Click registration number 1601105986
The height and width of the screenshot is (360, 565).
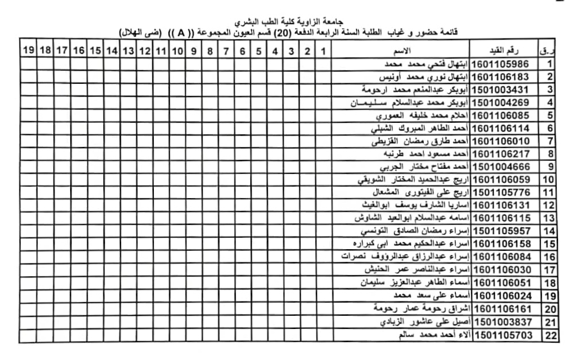point(502,64)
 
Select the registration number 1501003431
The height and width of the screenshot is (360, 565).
point(502,90)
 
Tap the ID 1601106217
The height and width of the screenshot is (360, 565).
point(502,154)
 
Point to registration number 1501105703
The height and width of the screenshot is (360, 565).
point(502,335)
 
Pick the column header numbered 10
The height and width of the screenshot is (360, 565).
point(177,52)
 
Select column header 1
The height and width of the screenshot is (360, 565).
point(323,52)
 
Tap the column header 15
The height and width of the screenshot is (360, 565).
point(95,52)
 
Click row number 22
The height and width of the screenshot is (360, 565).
point(550,335)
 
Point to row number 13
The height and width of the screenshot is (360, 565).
point(550,218)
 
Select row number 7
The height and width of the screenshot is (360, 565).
point(550,141)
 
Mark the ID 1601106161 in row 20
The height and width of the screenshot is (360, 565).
point(502,309)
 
